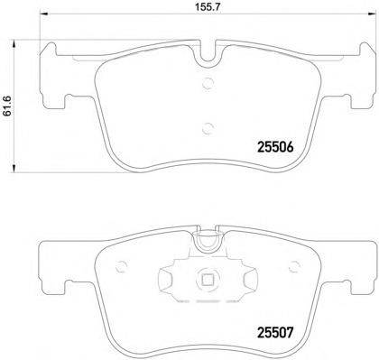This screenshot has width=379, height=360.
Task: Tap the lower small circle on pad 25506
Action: point(207,126)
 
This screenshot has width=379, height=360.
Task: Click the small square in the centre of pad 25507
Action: point(206,279)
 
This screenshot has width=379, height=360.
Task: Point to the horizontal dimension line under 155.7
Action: point(201,23)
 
